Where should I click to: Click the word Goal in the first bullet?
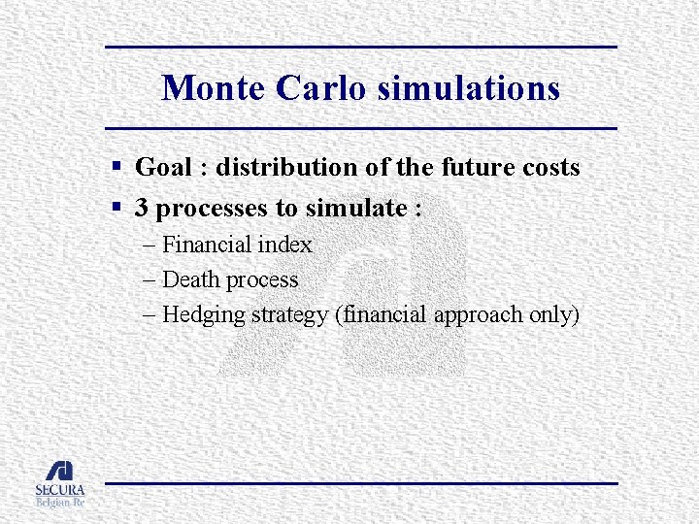pos(163,167)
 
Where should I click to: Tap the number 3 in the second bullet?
pos(142,208)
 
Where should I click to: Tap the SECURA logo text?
pos(60,490)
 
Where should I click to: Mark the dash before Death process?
pos(148,279)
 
